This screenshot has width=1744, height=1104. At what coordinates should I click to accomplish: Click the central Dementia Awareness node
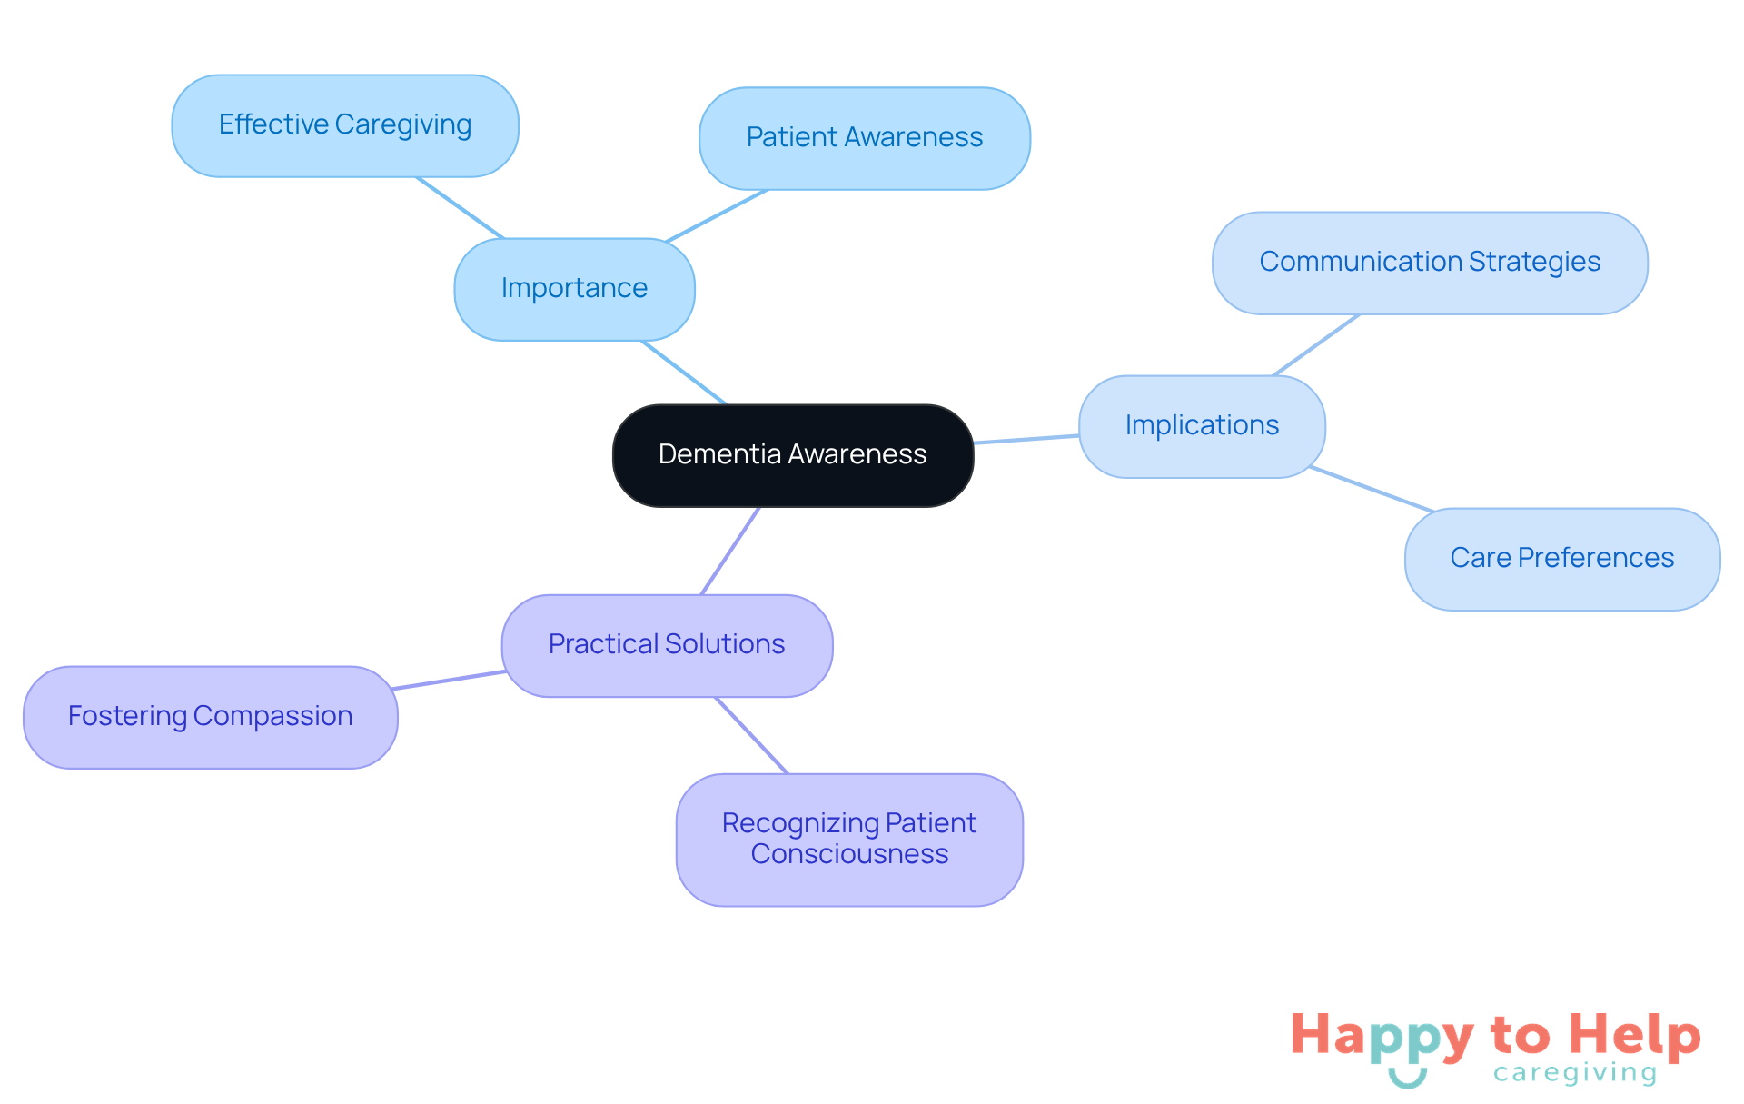(x=792, y=454)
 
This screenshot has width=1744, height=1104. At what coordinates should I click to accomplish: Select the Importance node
(x=574, y=289)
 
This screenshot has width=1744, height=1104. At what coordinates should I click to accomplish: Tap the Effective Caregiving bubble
(x=345, y=125)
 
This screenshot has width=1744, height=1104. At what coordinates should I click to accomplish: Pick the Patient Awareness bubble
(x=864, y=138)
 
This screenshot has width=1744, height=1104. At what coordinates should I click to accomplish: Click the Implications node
(x=1201, y=426)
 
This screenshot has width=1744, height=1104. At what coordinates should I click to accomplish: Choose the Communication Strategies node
(x=1429, y=263)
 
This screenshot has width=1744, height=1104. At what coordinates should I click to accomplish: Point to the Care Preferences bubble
(x=1561, y=559)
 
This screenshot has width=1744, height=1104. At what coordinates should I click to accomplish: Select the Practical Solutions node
(x=667, y=645)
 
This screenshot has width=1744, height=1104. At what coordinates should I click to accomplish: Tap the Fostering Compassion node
(x=210, y=717)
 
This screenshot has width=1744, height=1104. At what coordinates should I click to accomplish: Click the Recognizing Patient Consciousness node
(x=849, y=839)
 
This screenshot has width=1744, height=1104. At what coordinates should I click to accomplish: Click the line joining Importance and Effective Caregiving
(x=460, y=207)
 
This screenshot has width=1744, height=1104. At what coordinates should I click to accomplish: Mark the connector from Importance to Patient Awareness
(x=718, y=215)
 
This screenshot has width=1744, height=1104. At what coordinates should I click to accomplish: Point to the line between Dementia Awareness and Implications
(x=1026, y=440)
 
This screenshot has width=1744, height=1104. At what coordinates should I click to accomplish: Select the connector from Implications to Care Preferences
(x=1372, y=490)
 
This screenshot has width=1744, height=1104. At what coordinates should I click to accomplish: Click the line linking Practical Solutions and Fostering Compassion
(x=450, y=680)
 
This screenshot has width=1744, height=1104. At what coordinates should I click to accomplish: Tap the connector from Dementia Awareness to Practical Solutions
(x=730, y=551)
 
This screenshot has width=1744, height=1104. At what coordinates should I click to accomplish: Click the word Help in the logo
(x=1634, y=1036)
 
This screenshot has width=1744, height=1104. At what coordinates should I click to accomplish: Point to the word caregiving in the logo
(x=1575, y=1074)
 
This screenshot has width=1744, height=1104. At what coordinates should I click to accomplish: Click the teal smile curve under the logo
(x=1407, y=1079)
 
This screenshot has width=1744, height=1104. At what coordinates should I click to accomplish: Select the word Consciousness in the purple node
(x=849, y=855)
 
